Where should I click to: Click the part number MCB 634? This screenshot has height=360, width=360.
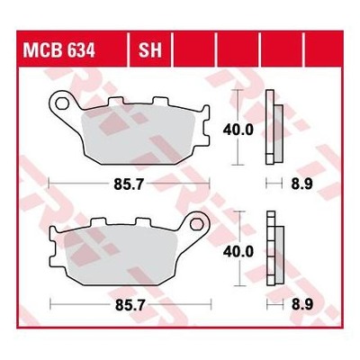(x=59, y=50)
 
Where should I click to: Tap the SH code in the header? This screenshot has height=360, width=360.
(x=150, y=50)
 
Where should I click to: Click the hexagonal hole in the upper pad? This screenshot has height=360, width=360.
(x=62, y=103)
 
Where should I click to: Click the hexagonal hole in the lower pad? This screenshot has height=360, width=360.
(x=196, y=224)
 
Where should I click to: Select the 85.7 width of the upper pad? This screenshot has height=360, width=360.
(x=129, y=184)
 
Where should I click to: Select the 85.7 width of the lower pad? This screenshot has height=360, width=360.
(x=130, y=305)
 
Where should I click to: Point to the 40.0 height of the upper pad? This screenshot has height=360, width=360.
(x=238, y=130)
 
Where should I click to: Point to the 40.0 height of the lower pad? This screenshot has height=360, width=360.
(x=238, y=252)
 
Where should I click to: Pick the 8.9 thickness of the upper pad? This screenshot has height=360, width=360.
(x=301, y=184)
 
